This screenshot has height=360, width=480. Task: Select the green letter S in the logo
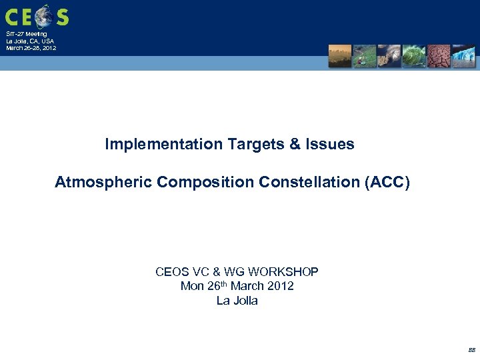click(62, 17)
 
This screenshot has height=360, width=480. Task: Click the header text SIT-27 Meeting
click(27, 34)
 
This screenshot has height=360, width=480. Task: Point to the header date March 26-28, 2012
click(31, 48)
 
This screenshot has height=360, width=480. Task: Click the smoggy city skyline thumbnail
click(339, 56)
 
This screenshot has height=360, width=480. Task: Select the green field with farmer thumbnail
click(364, 56)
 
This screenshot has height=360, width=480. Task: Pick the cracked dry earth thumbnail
click(439, 56)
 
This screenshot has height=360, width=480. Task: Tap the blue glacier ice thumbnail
click(463, 56)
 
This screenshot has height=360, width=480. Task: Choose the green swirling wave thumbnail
click(414, 56)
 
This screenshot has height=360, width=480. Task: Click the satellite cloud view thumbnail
click(389, 56)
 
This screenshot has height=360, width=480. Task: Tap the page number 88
click(471, 349)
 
